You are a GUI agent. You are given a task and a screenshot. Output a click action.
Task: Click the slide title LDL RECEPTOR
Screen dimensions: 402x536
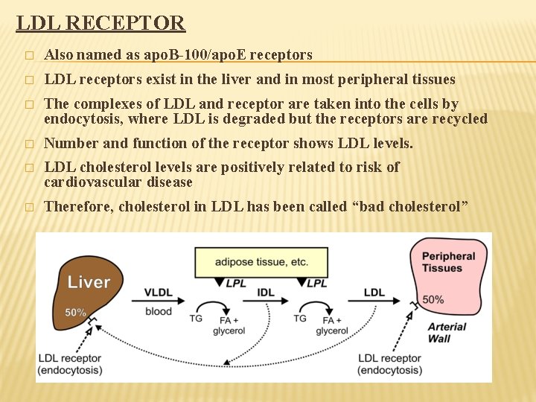coord(100,22)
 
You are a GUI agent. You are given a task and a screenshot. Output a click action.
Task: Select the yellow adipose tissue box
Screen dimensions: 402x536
coord(261,262)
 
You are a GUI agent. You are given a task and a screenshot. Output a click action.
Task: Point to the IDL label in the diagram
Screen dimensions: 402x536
coord(265,293)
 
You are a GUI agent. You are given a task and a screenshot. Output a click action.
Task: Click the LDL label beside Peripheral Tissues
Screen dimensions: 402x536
coord(374,293)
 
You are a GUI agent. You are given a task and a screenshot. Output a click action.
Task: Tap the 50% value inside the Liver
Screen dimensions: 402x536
coord(75,313)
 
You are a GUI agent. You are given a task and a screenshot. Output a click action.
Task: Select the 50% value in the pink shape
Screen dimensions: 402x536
coord(433,299)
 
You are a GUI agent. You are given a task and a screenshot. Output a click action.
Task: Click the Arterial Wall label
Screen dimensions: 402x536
coord(447,333)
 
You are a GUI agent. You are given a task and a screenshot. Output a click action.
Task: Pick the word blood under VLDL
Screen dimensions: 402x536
coord(158,311)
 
